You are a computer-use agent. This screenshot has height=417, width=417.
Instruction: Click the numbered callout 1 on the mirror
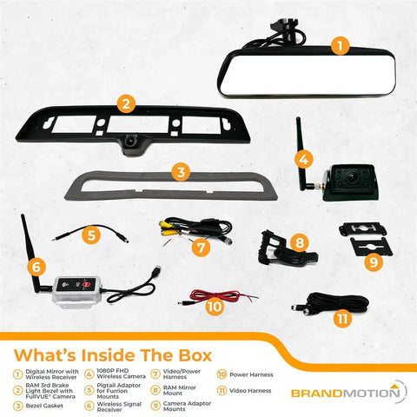pos(341,42)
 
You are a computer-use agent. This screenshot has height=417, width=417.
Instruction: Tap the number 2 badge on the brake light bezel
pos(127,104)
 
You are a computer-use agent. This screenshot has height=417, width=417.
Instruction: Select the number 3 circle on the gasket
pos(180,171)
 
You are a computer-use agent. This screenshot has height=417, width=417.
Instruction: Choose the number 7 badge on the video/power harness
pos(201,248)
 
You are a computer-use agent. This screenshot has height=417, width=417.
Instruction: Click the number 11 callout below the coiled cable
pos(343,319)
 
